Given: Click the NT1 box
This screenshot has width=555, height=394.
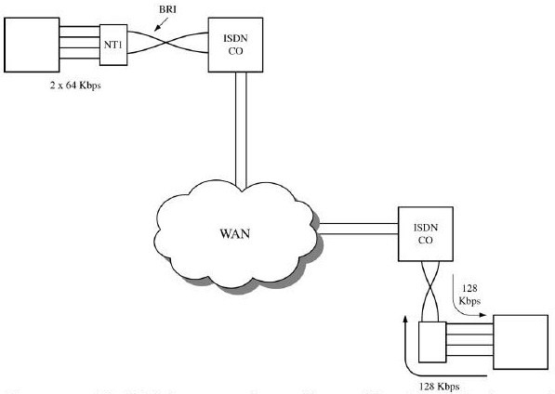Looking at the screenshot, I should (111, 45).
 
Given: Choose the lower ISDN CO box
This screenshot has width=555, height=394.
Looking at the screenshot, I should (427, 229).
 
